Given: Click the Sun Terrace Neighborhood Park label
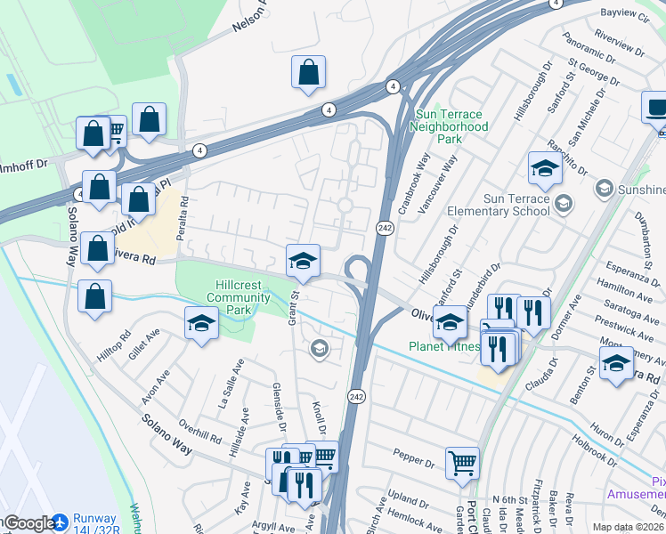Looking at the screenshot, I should (450, 127).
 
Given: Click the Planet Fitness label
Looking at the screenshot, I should (443, 346).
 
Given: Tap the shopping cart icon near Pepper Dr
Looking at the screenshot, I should (462, 463).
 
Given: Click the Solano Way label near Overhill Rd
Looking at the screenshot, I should (168, 434).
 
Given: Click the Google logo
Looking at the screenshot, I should (29, 523).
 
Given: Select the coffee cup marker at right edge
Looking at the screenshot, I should (657, 109).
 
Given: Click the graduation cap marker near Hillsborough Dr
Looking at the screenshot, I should (545, 166).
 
